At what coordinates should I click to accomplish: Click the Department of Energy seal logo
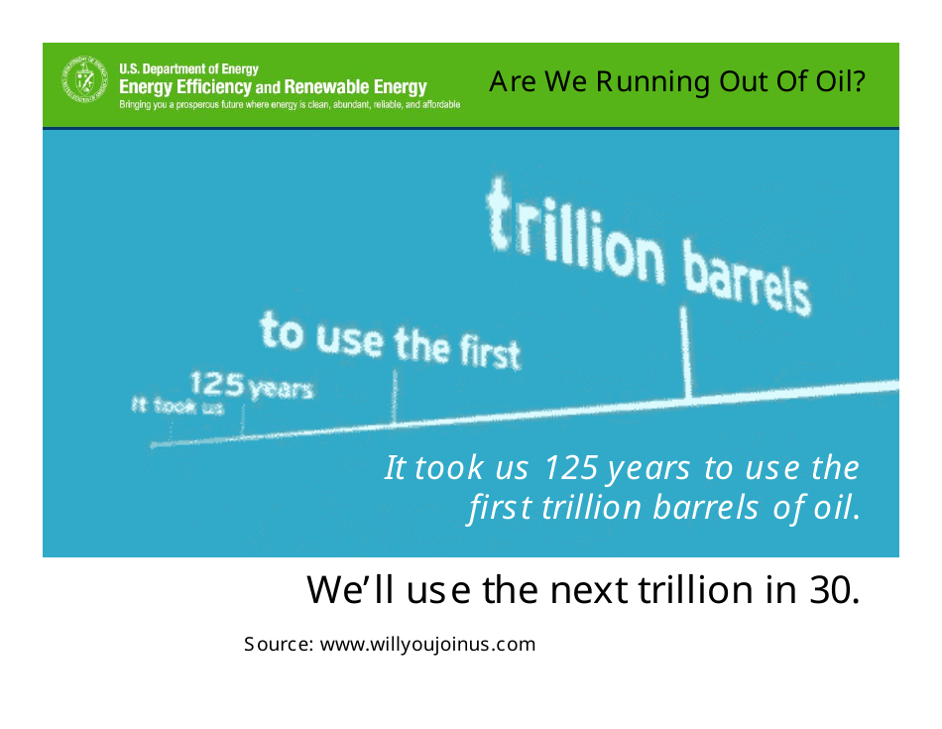[84, 79]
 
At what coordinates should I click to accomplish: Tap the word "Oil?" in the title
[841, 81]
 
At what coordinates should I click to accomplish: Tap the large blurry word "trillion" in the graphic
[575, 233]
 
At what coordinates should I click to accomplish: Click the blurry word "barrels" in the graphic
[747, 278]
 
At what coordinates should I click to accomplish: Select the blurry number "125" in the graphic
[217, 384]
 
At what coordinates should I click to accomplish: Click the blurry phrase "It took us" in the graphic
[177, 406]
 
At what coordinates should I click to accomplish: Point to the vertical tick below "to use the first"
[395, 397]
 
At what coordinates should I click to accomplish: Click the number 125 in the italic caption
[571, 468]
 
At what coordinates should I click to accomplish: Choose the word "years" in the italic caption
[648, 470]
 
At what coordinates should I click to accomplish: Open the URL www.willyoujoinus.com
[427, 645]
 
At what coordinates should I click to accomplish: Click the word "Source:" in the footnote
[279, 645]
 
